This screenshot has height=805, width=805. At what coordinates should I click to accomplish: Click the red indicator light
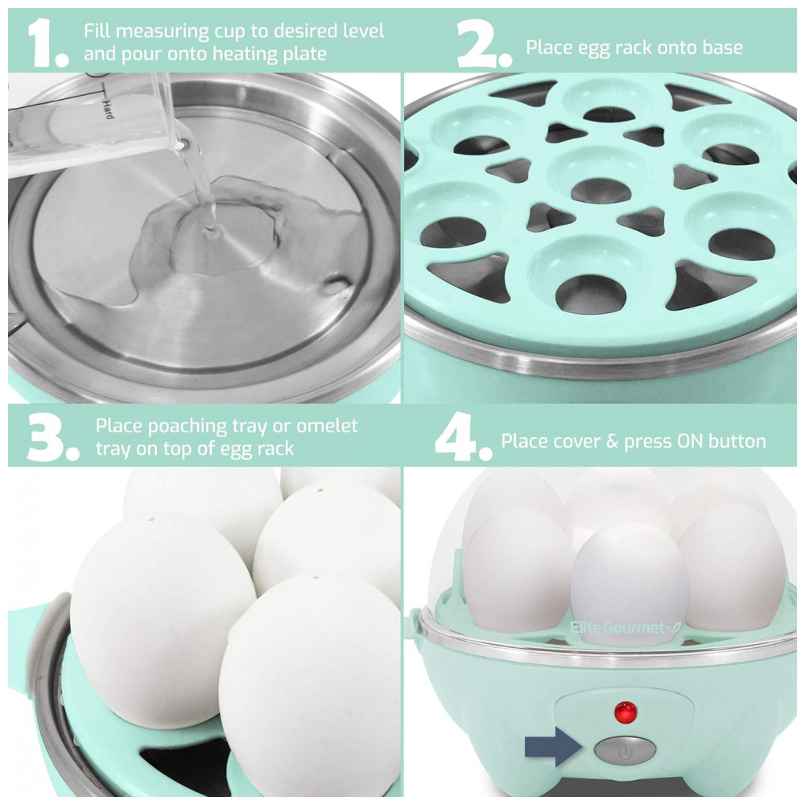click(625, 712)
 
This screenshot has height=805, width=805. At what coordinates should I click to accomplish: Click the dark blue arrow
click(554, 747)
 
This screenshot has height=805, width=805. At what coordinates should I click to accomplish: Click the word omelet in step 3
click(327, 426)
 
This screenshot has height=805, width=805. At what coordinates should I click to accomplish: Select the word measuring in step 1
click(162, 32)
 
